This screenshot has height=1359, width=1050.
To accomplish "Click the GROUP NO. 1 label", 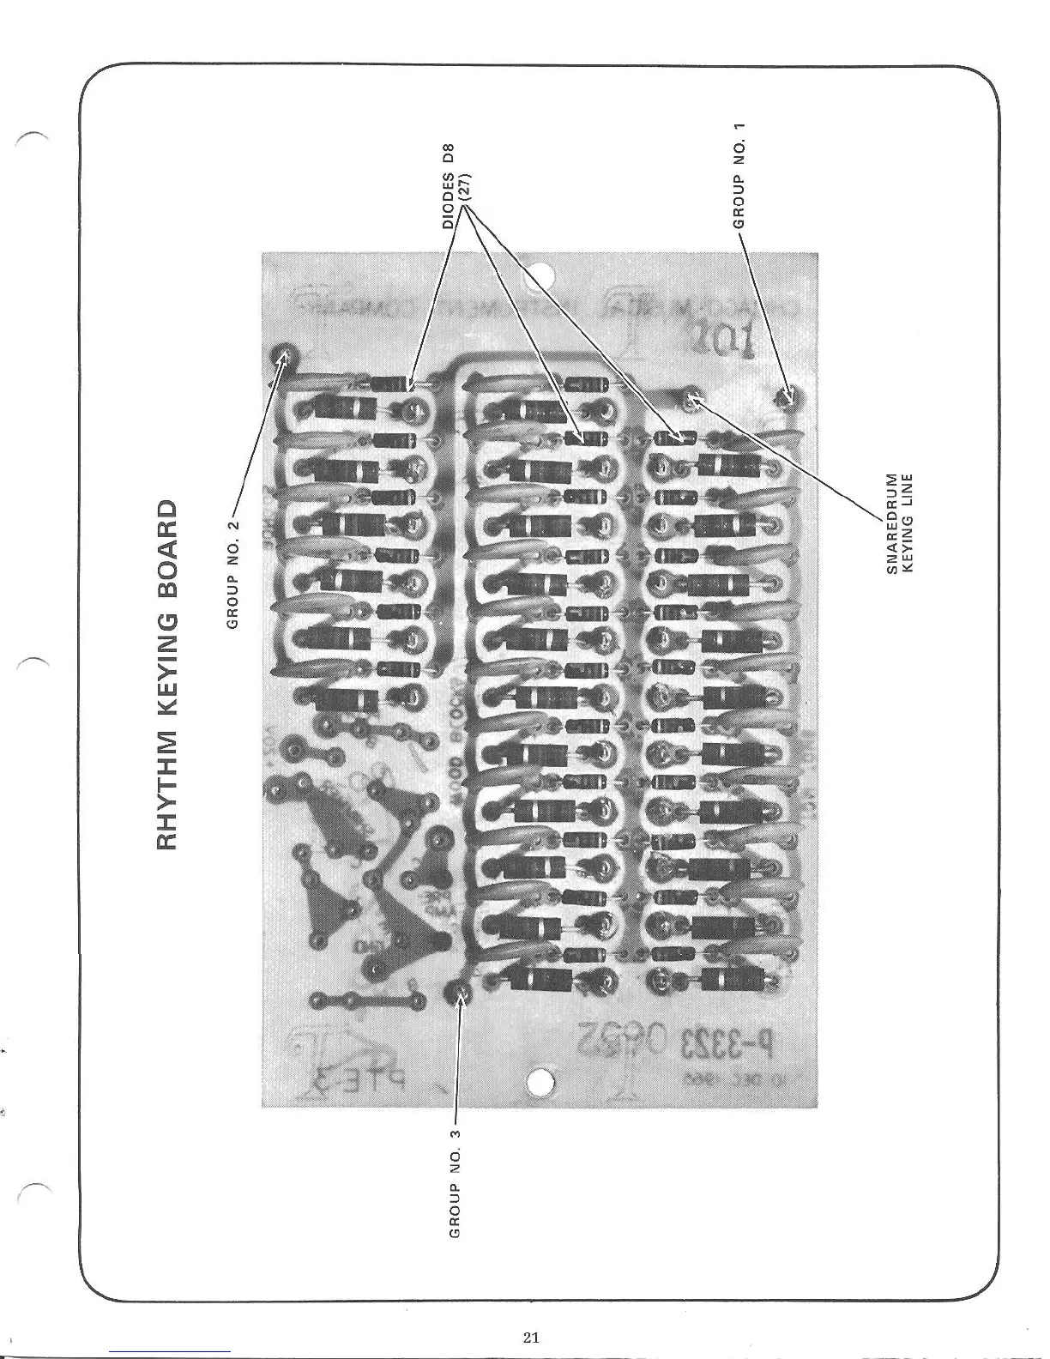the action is click(739, 176).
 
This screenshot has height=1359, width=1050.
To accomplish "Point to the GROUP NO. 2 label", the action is click(232, 574).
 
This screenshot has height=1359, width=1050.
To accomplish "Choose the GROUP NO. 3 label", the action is click(456, 1183).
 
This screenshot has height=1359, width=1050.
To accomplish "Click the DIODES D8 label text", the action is click(448, 185).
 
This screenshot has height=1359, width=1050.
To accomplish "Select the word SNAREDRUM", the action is click(890, 522).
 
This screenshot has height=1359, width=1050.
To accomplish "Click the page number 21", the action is click(531, 1337).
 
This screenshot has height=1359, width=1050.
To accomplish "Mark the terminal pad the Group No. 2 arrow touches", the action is click(283, 356).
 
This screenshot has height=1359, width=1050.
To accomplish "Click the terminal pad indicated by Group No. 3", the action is click(460, 994).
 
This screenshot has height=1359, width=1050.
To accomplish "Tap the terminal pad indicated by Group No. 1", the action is click(787, 397).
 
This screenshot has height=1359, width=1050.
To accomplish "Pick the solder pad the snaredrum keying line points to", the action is click(691, 398).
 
